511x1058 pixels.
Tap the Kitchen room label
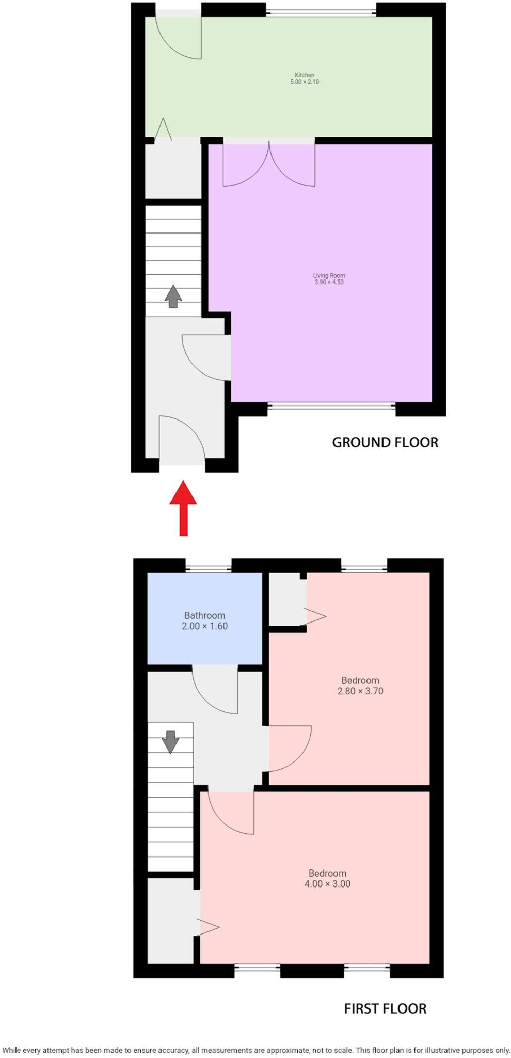(305, 75)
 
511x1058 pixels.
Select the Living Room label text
(329, 275)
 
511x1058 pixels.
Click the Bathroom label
(204, 615)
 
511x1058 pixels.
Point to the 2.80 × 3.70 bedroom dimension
(360, 691)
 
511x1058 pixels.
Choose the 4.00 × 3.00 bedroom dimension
(327, 883)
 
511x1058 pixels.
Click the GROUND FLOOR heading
(385, 442)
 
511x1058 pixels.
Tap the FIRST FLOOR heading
(385, 1008)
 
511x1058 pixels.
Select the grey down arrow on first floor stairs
(170, 742)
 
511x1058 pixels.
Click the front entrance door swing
(181, 437)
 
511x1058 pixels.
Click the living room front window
(331, 405)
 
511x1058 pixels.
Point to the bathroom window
(208, 569)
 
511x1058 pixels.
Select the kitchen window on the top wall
(321, 12)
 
